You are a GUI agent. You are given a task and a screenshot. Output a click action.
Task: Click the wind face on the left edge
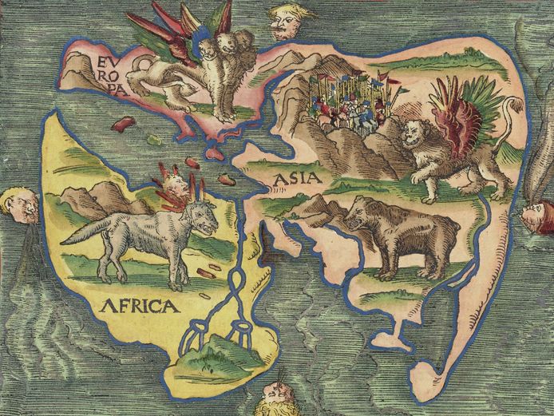click(19, 206)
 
